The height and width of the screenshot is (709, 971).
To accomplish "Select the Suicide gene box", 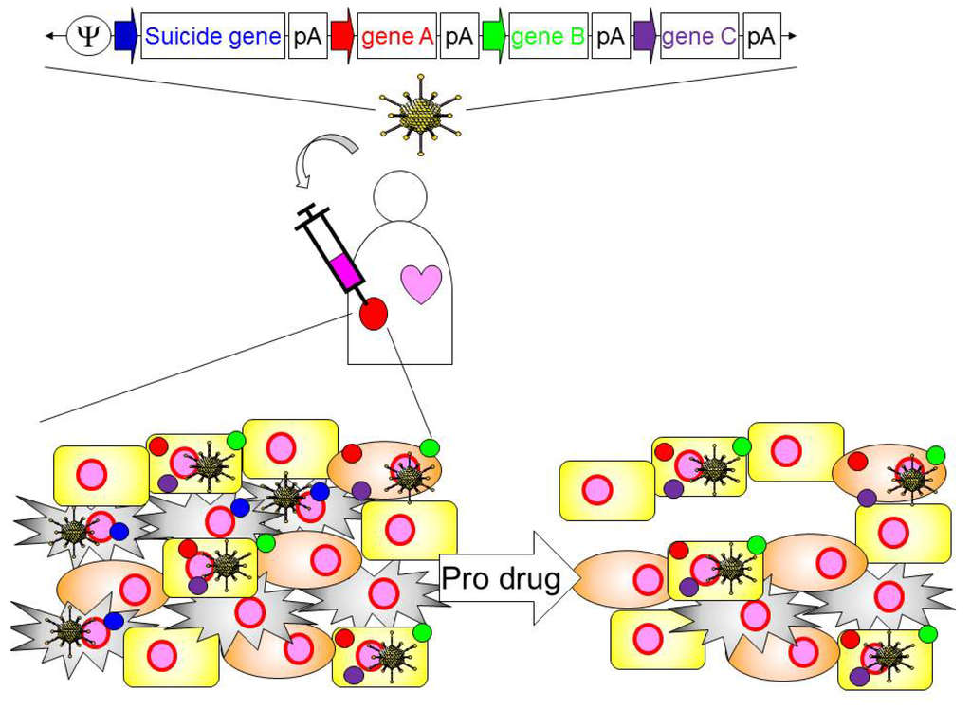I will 212,36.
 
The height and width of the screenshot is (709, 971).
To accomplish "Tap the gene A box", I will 397,36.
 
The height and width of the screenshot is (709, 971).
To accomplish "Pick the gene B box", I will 549,36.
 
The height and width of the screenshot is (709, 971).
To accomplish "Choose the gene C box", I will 700,36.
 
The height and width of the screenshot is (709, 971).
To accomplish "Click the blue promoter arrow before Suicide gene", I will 125,36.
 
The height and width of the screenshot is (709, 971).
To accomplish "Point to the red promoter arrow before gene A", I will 342,36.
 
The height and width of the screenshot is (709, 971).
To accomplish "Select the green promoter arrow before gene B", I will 494,36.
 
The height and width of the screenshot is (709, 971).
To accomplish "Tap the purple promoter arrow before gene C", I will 646,36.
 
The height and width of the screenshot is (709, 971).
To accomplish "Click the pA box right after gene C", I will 761,36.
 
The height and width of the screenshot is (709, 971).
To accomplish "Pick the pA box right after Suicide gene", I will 306,36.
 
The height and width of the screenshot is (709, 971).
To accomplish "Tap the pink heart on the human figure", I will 421,282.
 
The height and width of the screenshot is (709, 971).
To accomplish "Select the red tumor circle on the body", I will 373,313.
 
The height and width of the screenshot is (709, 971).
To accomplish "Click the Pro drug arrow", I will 503,578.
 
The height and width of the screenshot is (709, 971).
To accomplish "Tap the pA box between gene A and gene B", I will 459,36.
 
